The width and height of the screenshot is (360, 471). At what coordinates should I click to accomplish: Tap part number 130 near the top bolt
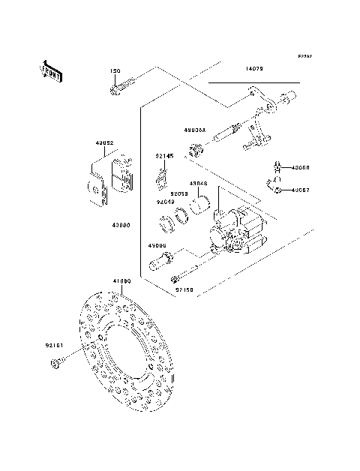[x=115, y=71]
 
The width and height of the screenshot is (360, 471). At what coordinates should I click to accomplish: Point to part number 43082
[x=104, y=142]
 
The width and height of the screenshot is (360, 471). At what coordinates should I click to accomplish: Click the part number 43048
[x=198, y=183]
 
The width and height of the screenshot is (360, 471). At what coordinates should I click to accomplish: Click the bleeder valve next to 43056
[x=275, y=167]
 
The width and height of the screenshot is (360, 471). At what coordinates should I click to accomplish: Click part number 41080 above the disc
[x=122, y=281]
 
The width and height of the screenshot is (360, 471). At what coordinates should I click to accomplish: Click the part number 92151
[x=54, y=346]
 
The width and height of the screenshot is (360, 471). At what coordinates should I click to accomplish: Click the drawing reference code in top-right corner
[x=304, y=56]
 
